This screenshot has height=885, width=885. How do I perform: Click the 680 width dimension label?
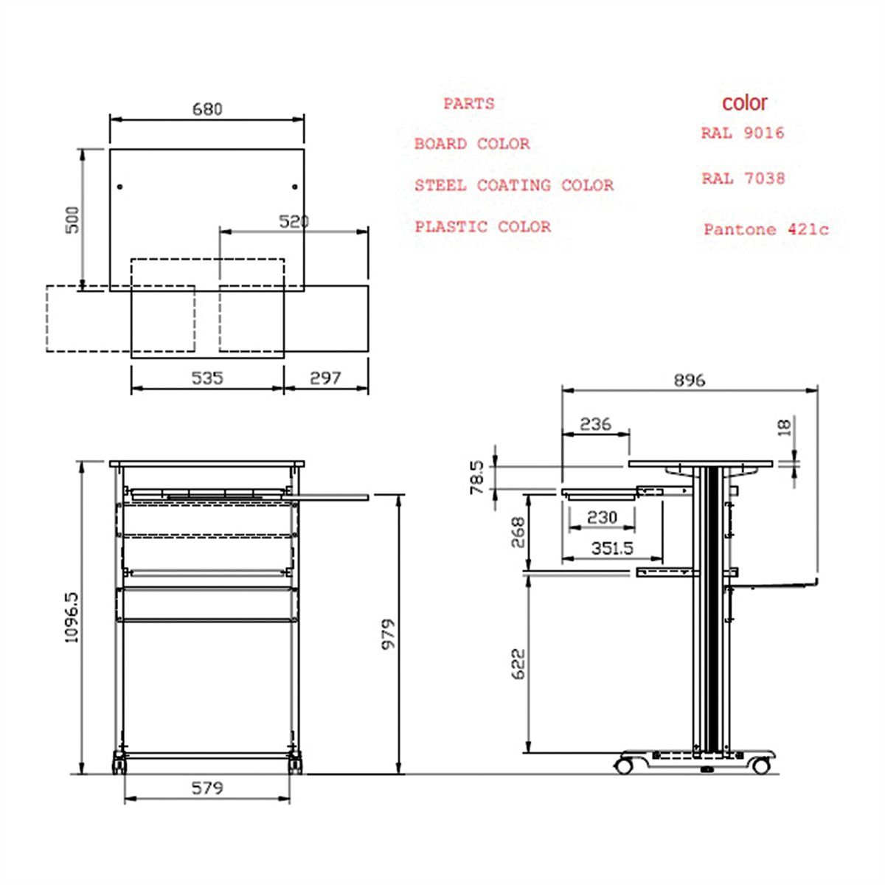[207, 109]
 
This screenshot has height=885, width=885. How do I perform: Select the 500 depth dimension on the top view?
[72, 219]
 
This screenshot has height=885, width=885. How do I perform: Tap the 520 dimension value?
[294, 221]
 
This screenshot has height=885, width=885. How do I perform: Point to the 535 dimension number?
[207, 378]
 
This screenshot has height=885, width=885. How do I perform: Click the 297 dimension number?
[325, 378]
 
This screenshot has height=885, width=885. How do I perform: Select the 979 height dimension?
[388, 634]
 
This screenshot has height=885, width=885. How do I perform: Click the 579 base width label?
[207, 788]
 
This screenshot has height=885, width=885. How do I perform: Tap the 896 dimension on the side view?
[689, 380]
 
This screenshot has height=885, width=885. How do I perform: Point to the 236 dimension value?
[595, 424]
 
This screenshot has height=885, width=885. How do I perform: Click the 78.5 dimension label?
[477, 476]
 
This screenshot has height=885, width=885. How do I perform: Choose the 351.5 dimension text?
[612, 549]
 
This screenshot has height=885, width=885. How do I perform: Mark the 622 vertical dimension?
[518, 664]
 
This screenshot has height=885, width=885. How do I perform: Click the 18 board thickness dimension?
[784, 426]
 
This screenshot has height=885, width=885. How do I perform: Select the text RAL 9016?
[742, 133]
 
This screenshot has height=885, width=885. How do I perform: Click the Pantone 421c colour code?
[766, 229]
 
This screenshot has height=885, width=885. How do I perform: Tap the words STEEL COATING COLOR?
[513, 185]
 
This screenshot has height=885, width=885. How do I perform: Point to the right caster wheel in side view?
[761, 766]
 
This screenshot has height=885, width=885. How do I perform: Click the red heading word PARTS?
[468, 104]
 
